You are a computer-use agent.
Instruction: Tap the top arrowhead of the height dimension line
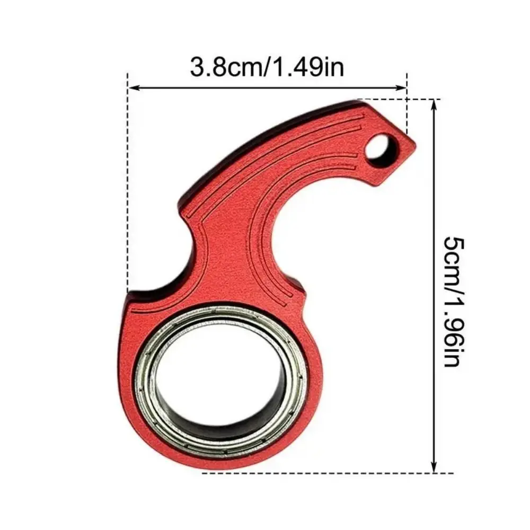pyautogui.click(x=435, y=103)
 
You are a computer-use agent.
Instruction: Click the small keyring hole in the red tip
pyautogui.click(x=377, y=147)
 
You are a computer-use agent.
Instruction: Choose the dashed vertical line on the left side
pyautogui.click(x=128, y=185)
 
